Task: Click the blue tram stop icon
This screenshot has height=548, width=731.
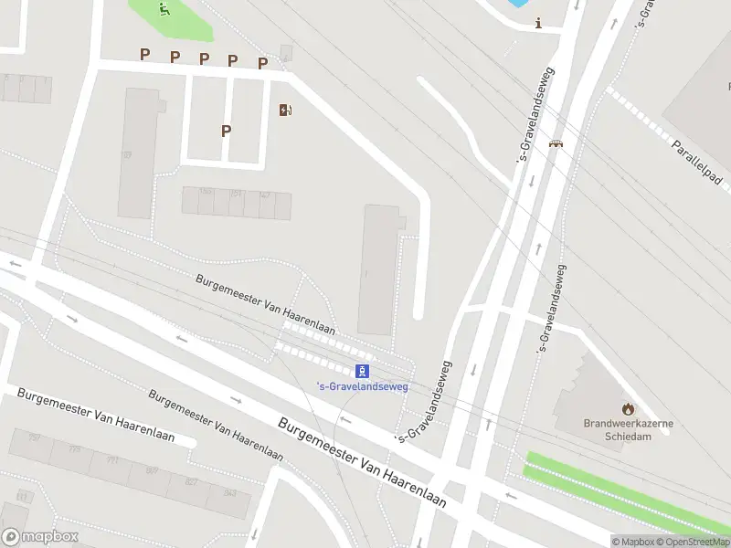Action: point(363,370)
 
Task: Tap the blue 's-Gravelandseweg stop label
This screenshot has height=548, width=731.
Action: point(362,385)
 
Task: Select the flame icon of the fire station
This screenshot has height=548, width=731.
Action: point(628,408)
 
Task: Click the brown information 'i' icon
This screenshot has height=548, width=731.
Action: point(539,24)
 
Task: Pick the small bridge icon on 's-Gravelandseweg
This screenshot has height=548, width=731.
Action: point(555,142)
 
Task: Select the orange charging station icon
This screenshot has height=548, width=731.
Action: point(286,111)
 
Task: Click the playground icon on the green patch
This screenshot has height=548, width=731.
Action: point(164,10)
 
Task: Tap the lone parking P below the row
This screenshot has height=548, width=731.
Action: point(226,131)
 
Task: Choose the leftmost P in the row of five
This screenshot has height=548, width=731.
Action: point(144,55)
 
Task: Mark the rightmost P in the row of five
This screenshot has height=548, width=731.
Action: point(262,63)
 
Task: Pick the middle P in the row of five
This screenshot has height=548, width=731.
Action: point(204,59)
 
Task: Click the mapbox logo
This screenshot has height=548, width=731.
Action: point(38,537)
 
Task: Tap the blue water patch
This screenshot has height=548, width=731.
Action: point(517,3)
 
